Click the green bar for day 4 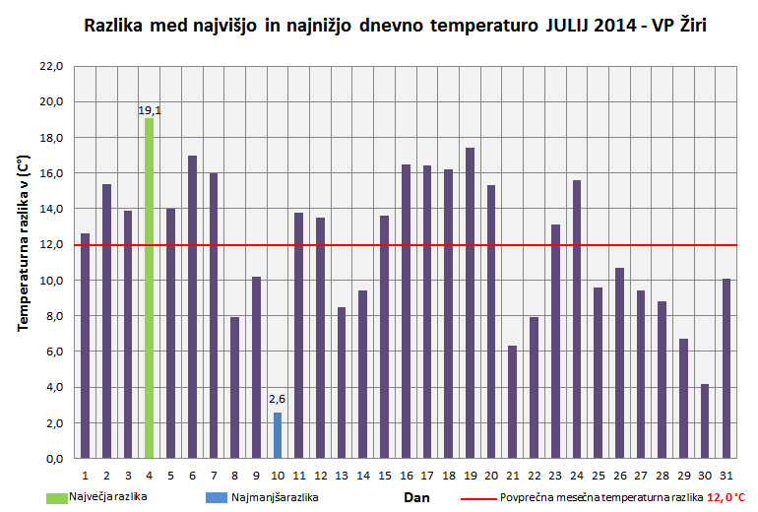149,288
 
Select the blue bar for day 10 278,435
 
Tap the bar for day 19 470,303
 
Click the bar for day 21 513,402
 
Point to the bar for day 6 192,306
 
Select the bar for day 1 85,346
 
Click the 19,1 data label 149,110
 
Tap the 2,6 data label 278,399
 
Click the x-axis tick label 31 726,476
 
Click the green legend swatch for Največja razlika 39,497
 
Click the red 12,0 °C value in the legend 726,498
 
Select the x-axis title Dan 416,498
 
